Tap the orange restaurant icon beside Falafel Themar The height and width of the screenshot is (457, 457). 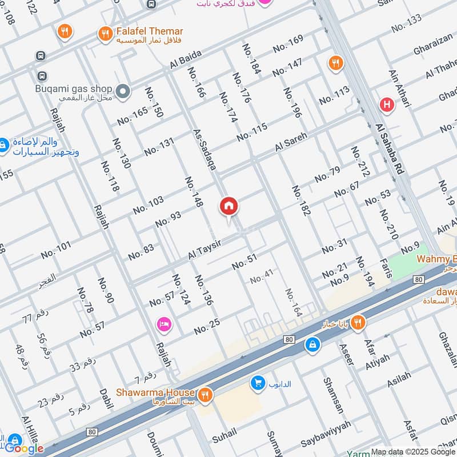click(x=105, y=34)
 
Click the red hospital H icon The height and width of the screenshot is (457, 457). click(x=387, y=105)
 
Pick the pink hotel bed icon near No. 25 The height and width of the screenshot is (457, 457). click(x=163, y=324)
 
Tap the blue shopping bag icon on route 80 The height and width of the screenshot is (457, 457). click(x=312, y=344)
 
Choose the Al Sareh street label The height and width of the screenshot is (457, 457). click(x=291, y=142)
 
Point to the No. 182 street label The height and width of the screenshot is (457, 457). click(x=300, y=201)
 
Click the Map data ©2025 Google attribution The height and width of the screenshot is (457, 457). click(x=413, y=452)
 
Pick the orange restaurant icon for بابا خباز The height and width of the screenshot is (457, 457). click(x=358, y=322)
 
